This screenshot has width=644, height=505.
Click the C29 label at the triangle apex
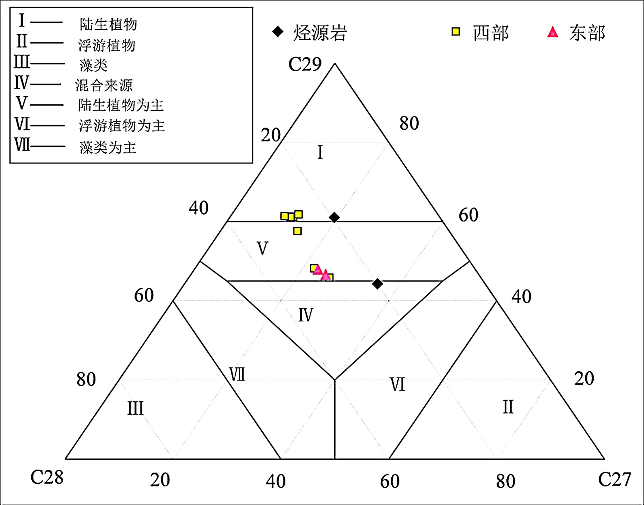(x=305, y=64)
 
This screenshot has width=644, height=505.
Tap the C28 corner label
(x=47, y=478)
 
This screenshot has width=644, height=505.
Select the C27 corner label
(x=614, y=479)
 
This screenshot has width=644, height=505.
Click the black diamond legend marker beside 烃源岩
(x=278, y=31)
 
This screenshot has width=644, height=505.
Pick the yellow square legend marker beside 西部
(x=456, y=31)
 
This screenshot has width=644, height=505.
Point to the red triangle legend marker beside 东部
(x=553, y=32)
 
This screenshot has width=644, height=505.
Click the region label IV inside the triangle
(x=305, y=315)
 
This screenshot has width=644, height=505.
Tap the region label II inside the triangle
(x=508, y=407)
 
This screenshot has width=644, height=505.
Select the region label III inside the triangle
(x=135, y=408)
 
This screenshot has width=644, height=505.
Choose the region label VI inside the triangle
(x=397, y=385)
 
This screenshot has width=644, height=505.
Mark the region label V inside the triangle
(x=262, y=248)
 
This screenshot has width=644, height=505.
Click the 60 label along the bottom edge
(x=390, y=481)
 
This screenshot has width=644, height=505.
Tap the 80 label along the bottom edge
(x=506, y=481)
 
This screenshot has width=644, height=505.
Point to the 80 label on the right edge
(x=409, y=123)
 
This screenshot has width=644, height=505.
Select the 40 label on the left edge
(x=199, y=208)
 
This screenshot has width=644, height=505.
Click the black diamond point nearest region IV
(x=377, y=284)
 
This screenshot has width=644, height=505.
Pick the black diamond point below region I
(x=334, y=217)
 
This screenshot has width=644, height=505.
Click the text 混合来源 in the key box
(x=104, y=85)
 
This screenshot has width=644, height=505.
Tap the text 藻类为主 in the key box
(x=108, y=147)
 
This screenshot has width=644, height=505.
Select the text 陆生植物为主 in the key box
(x=121, y=106)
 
